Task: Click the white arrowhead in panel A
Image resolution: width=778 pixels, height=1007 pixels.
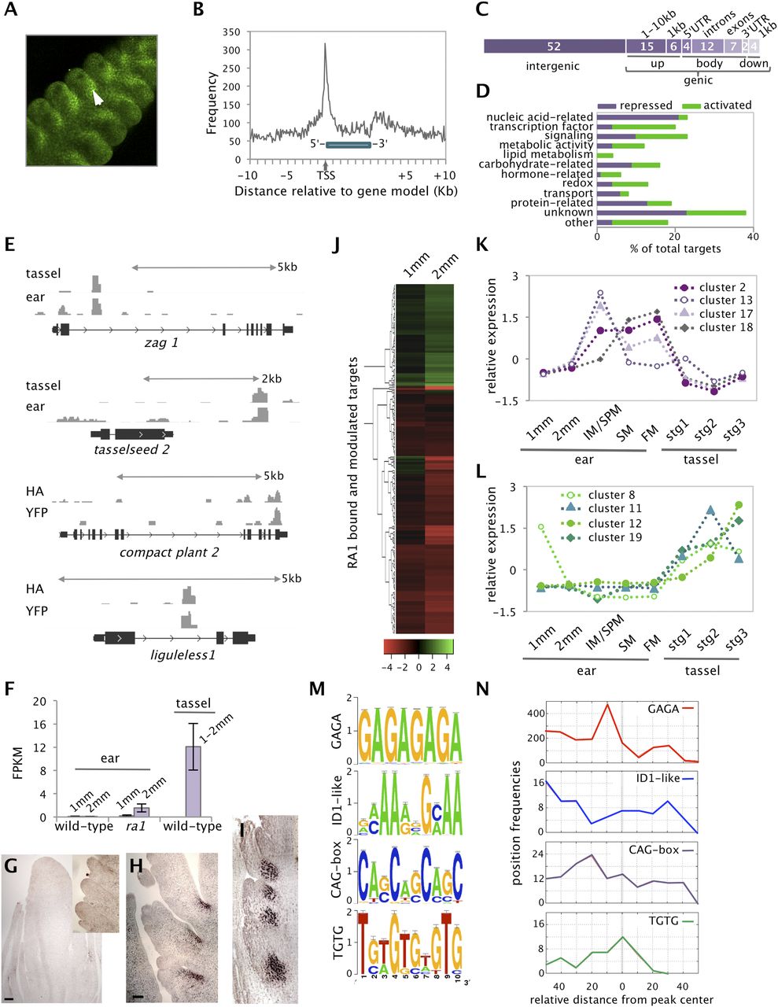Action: pyautogui.click(x=96, y=98)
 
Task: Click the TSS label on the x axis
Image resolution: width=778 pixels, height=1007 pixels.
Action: pyautogui.click(x=326, y=175)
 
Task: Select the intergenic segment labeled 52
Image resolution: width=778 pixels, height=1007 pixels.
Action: pyautogui.click(x=554, y=46)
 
